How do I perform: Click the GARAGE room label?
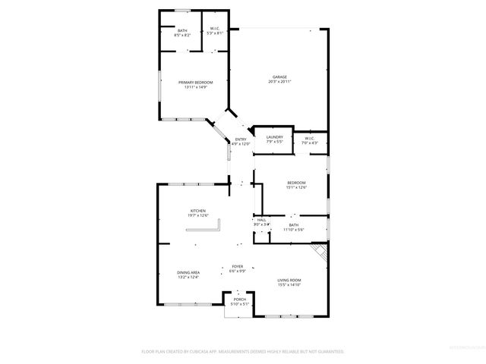point(281,77)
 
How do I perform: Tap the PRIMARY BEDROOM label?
point(195,82)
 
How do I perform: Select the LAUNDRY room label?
point(274,137)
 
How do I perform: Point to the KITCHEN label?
point(198,211)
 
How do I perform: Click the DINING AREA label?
point(188,272)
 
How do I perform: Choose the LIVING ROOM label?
point(289,281)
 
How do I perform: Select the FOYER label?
point(238,267)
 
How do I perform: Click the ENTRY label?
point(241,139)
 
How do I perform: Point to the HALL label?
point(261,220)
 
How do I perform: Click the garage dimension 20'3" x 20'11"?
point(281,82)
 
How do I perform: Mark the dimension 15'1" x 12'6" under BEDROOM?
point(296,187)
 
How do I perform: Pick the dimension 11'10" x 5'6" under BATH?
point(293,229)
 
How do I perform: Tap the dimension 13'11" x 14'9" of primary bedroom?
point(195,86)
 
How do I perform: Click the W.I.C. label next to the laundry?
point(310,137)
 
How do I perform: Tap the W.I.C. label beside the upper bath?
point(216,29)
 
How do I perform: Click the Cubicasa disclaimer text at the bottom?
point(243,351)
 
